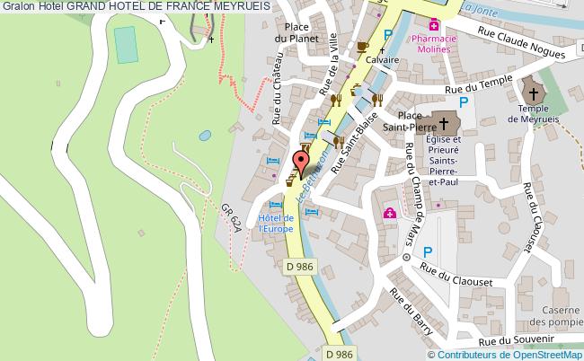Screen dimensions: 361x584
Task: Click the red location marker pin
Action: pos(302,162)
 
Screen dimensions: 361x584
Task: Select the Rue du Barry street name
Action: pos(410,313)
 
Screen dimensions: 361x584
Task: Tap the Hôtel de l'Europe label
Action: pos(277,223)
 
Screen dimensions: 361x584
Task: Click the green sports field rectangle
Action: pos(126,45)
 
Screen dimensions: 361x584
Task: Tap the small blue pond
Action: pos(205,136)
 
